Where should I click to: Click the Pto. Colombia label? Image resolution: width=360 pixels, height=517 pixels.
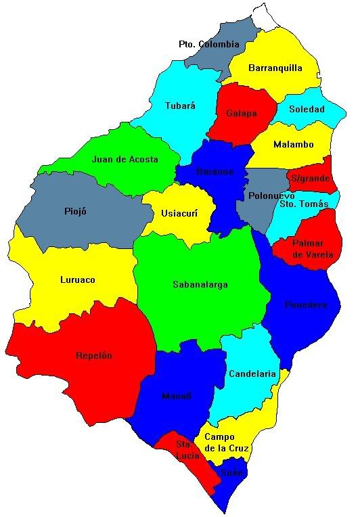pyautogui.click(x=209, y=44)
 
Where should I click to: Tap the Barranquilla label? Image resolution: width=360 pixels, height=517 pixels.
pyautogui.click(x=275, y=68)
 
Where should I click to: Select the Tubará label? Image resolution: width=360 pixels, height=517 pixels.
pyautogui.click(x=180, y=106)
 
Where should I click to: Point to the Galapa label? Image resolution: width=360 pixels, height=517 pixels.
pyautogui.click(x=242, y=113)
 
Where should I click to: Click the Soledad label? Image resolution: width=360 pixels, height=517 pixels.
pyautogui.click(x=307, y=109)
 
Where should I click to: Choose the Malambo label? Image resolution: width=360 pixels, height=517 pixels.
pyautogui.click(x=294, y=144)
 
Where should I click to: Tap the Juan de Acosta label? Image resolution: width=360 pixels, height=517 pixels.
pyautogui.click(x=125, y=160)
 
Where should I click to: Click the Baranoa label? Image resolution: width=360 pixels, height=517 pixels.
pyautogui.click(x=215, y=172)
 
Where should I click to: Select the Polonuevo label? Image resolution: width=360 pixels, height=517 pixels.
pyautogui.click(x=271, y=196)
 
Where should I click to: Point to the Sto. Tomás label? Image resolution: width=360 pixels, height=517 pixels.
pyautogui.click(x=304, y=204)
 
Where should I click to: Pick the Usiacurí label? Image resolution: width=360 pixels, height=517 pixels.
pyautogui.click(x=179, y=213)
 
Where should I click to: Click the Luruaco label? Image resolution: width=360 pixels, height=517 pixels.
pyautogui.click(x=78, y=279)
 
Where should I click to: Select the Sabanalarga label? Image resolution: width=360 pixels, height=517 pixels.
pyautogui.click(x=200, y=284)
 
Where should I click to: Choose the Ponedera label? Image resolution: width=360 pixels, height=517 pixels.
pyautogui.click(x=306, y=305)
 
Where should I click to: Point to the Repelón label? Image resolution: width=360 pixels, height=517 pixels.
pyautogui.click(x=94, y=355)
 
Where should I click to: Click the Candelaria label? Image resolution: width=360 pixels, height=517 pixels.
pyautogui.click(x=252, y=374)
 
